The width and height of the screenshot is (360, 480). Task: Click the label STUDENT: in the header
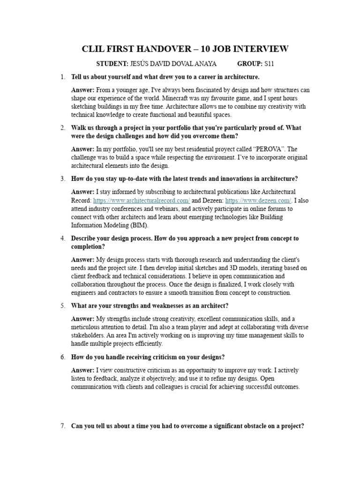112,63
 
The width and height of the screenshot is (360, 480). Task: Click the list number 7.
63,426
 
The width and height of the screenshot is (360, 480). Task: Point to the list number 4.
63,238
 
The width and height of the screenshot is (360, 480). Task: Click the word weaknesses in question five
160,306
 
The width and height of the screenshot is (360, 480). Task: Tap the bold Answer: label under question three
82,192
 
